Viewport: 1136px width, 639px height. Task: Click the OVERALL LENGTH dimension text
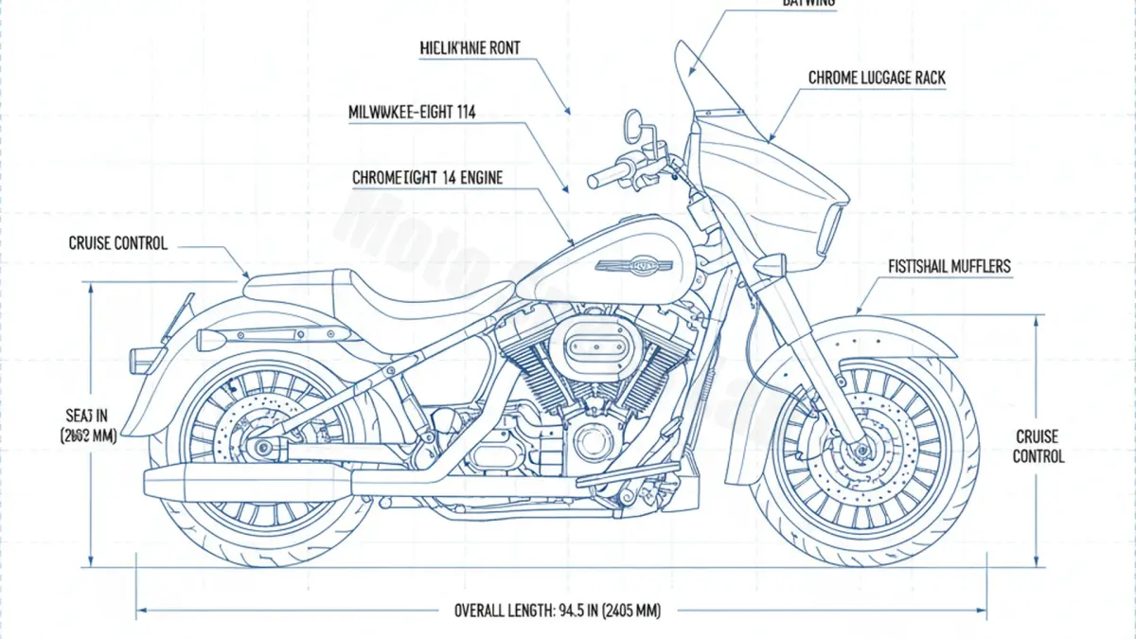tap(557, 611)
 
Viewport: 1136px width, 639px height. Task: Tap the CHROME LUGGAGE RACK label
tap(877, 79)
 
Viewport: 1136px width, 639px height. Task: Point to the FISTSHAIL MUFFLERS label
tap(950, 267)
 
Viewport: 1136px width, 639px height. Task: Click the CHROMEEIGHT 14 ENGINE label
tap(427, 177)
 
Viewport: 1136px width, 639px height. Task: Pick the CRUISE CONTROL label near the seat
tap(118, 243)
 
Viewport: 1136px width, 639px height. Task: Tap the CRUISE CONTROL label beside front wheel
tap(1038, 447)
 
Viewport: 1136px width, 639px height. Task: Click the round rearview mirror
tap(632, 123)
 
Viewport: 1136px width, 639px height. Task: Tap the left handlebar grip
tap(603, 177)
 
